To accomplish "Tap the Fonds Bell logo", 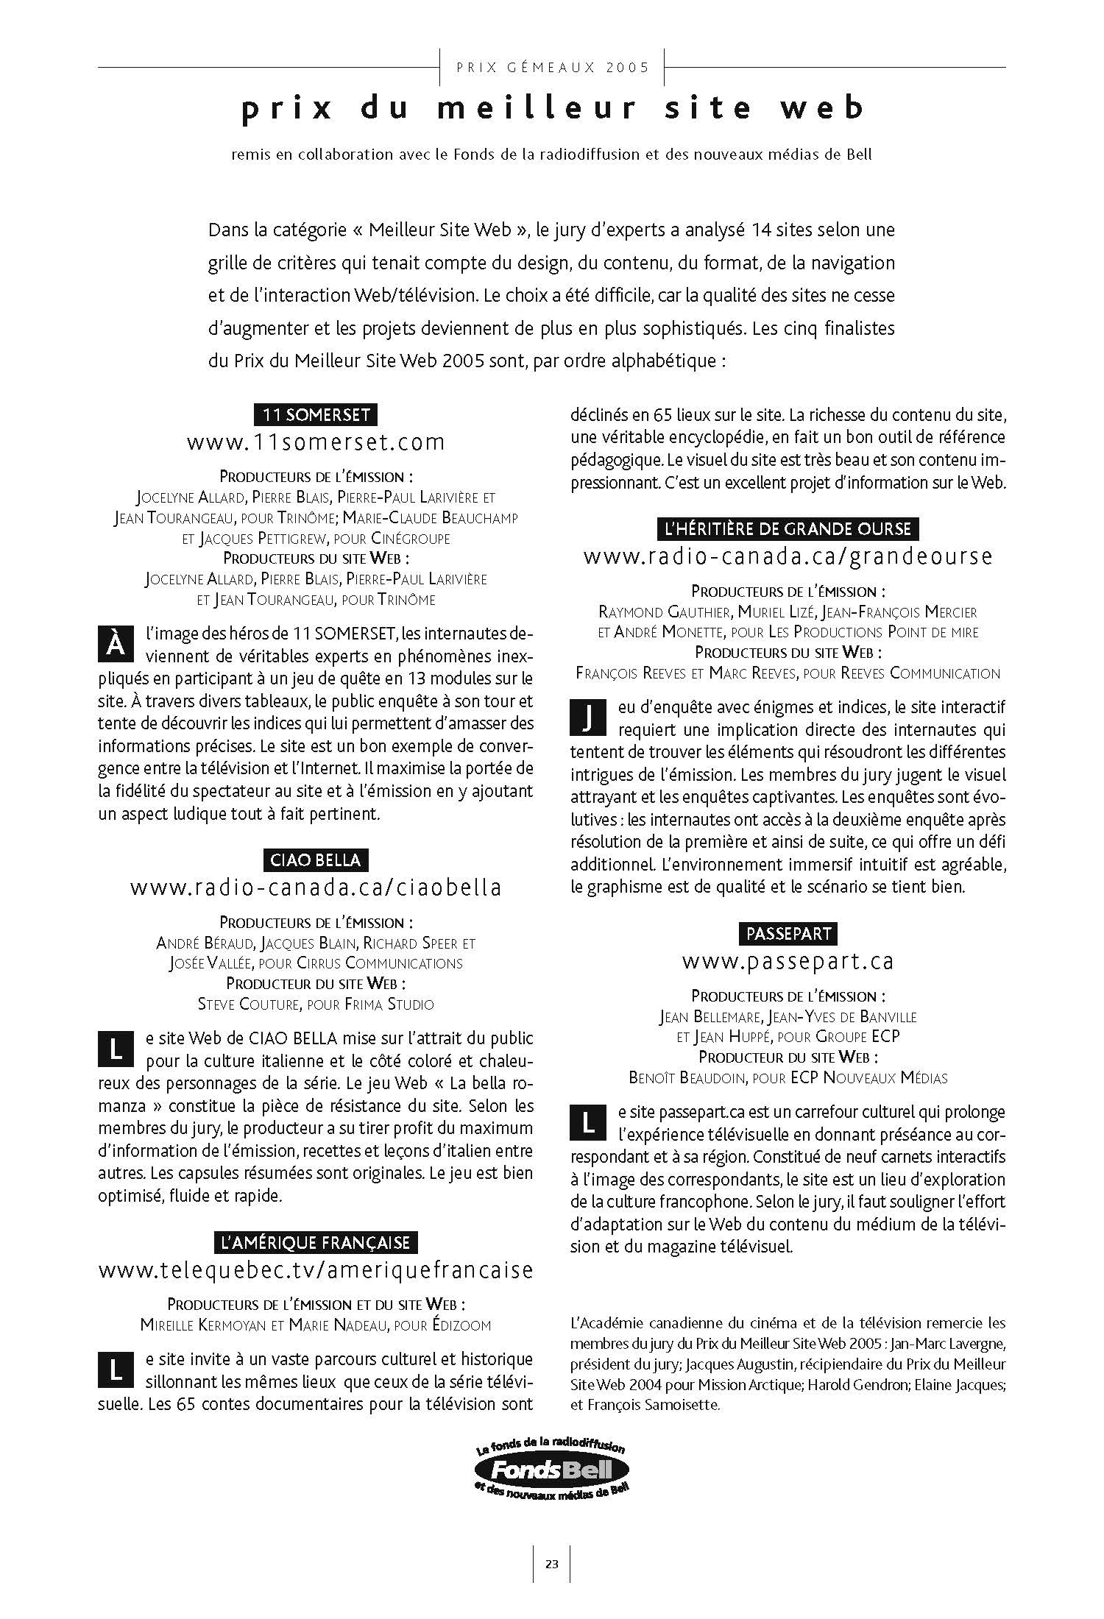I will [x=552, y=1472].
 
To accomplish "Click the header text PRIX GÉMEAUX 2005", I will [x=553, y=68].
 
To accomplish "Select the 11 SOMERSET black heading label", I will [x=316, y=414].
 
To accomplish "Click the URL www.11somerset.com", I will [x=316, y=442].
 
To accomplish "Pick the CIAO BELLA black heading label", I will [x=316, y=860].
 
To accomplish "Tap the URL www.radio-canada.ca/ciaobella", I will [x=316, y=888].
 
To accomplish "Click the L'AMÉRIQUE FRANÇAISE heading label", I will [x=316, y=1243].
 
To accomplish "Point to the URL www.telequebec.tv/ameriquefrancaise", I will [x=316, y=1270].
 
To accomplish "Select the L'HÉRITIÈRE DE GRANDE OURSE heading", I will [x=788, y=528].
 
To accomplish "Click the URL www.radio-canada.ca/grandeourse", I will [x=788, y=556].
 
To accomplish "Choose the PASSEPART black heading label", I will [x=788, y=934].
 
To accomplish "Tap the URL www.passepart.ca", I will [x=788, y=961].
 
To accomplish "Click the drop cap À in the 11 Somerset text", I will [x=116, y=643].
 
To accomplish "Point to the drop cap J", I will [x=588, y=718].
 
